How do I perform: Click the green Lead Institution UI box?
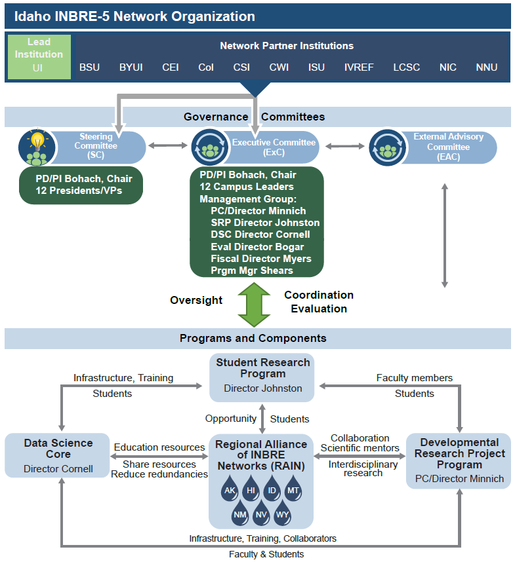tap(39, 56)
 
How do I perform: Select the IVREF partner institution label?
tap(359, 67)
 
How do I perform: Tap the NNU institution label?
tap(486, 67)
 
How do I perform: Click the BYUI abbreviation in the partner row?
tap(131, 67)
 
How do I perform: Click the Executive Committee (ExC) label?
tap(274, 147)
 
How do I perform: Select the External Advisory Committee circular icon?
tap(388, 147)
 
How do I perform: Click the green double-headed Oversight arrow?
tap(254, 305)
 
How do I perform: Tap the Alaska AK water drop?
tap(230, 488)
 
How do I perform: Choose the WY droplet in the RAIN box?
tap(282, 513)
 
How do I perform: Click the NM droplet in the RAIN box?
tap(239, 513)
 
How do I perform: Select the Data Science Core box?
tap(58, 455)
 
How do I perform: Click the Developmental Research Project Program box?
tap(459, 460)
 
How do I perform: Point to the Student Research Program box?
tap(262, 377)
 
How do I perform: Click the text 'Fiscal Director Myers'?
tap(261, 259)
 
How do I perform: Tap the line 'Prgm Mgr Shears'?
tap(252, 271)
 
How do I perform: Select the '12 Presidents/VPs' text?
tap(79, 191)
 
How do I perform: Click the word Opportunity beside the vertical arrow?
tap(231, 419)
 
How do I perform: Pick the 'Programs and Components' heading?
tap(253, 339)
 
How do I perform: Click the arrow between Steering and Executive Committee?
tap(168, 145)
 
